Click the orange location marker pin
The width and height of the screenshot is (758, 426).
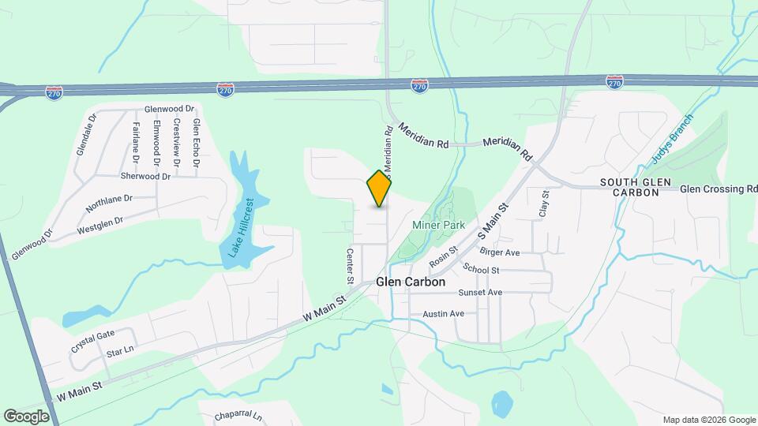[x=380, y=189]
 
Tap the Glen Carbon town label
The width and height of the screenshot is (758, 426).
[x=411, y=282]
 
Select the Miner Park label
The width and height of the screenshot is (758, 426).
[x=439, y=226]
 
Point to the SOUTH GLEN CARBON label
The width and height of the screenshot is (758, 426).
[x=635, y=188]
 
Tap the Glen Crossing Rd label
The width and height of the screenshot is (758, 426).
[x=719, y=189]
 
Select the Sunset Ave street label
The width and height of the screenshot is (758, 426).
[x=480, y=293]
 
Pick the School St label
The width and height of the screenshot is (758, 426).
[x=482, y=270]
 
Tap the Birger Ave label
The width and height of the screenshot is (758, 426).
[x=500, y=252]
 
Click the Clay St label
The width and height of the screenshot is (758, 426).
[x=544, y=203]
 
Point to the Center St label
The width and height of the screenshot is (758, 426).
[x=349, y=266]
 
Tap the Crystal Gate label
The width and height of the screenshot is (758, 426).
[x=93, y=341]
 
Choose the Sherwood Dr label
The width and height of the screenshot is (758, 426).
[x=145, y=177]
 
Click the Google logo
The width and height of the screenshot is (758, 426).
[x=26, y=416]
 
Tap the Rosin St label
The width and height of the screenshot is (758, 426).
[x=443, y=256]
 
